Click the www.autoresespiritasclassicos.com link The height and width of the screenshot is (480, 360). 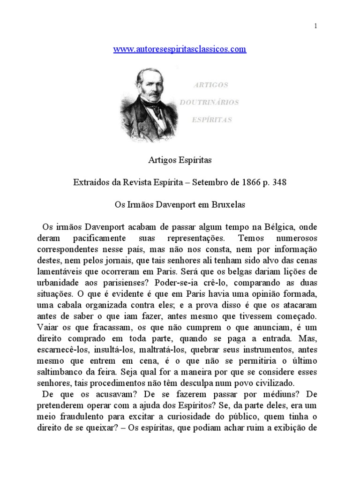[180, 49]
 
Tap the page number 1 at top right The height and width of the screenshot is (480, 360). [316, 26]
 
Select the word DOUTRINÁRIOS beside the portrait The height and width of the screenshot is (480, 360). [216, 102]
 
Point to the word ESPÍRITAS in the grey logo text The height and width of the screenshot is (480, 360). [212, 120]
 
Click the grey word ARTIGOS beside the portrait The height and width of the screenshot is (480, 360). [210, 85]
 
